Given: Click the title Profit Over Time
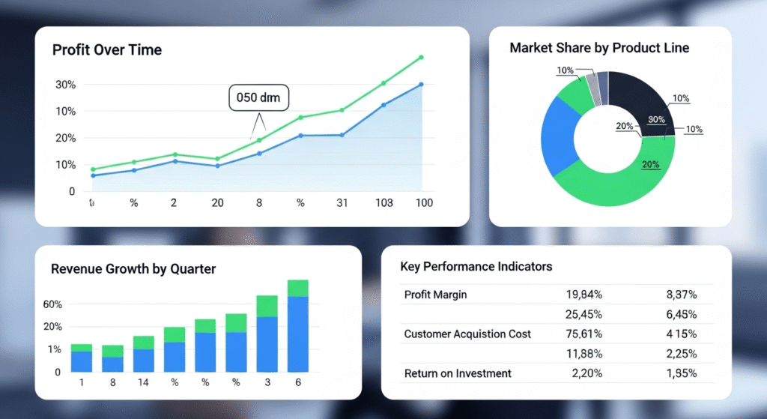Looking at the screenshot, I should coord(107,50).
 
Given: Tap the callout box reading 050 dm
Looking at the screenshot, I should coord(257,97).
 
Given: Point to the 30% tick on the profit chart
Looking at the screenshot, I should coord(66,85).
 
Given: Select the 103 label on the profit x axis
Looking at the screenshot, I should coord(383,203).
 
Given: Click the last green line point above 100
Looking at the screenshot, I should coord(421,57).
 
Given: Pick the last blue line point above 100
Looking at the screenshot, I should coord(421,85).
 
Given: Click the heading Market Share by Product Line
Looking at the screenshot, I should coord(599,48).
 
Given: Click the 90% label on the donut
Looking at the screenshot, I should coord(656,120).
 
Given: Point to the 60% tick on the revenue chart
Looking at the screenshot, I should coord(52,304).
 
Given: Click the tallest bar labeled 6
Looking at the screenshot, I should coord(297,326).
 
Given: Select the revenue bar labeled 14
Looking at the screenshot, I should coord(144,354).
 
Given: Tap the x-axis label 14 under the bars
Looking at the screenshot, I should coord(144,383).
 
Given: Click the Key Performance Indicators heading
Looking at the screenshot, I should coord(476,267).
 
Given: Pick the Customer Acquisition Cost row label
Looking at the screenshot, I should coord(467,334).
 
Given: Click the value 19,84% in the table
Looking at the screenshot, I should coord(580,295).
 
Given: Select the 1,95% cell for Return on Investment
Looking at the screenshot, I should coord(681,373).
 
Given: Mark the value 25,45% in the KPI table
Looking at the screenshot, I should coord(580,314).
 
